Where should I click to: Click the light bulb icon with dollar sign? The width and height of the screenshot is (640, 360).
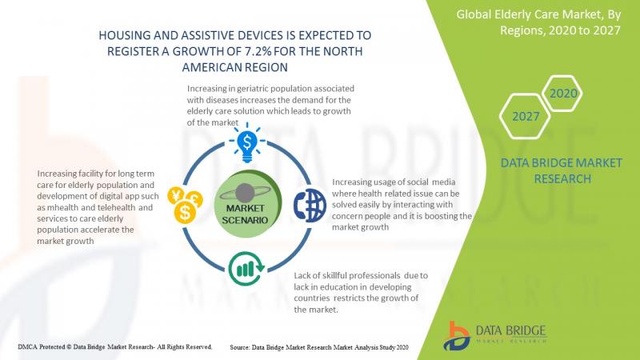pyautogui.click(x=247, y=143)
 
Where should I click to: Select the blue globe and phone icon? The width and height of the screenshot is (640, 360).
pyautogui.click(x=310, y=206)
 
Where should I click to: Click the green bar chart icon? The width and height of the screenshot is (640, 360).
pyautogui.click(x=246, y=269)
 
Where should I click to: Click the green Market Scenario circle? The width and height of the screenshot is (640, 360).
pyautogui.click(x=247, y=204)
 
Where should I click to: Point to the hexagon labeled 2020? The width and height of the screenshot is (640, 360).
pyautogui.click(x=563, y=94)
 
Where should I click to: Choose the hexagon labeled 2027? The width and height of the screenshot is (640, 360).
pyautogui.click(x=526, y=116)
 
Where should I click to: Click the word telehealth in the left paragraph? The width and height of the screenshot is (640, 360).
pyautogui.click(x=116, y=207)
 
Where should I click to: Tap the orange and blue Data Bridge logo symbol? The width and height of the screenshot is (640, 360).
pyautogui.click(x=456, y=336)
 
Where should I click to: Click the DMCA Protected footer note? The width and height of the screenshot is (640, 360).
pyautogui.click(x=114, y=347)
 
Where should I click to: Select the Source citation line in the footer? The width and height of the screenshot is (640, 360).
pyautogui.click(x=318, y=347)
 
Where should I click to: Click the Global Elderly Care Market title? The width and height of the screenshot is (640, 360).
pyautogui.click(x=538, y=22)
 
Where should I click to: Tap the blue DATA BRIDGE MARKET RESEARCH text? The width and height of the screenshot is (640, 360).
pyautogui.click(x=562, y=170)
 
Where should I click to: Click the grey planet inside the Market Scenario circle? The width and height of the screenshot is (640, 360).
pyautogui.click(x=245, y=193)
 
